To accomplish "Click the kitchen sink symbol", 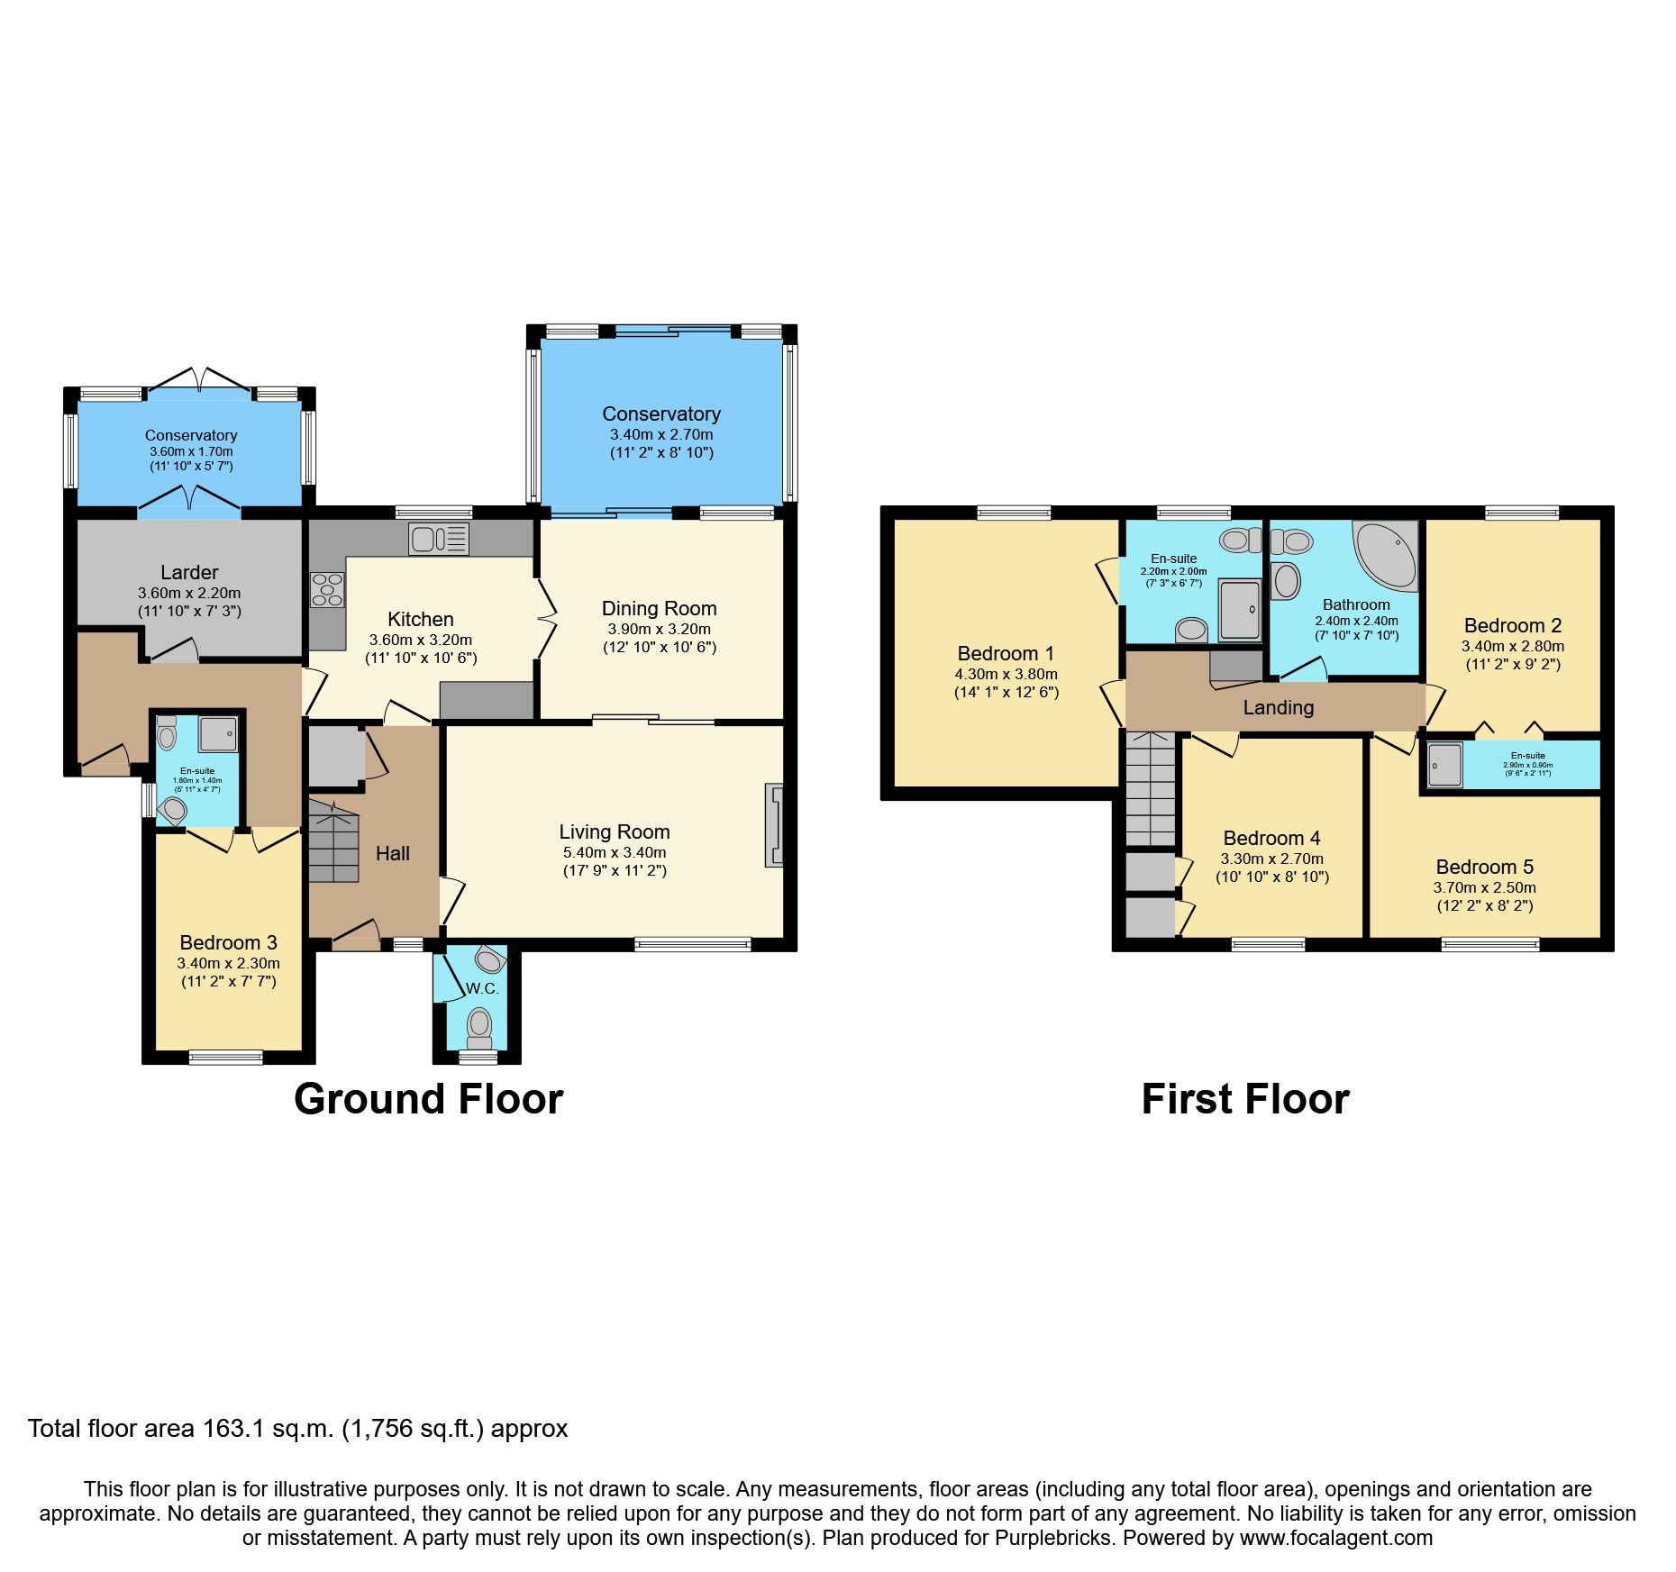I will click(438, 539).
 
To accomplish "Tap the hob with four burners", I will click(327, 590).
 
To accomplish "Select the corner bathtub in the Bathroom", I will click(1387, 554).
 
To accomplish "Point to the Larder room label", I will click(189, 573).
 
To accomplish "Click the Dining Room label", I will click(659, 609).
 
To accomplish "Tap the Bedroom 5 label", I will click(1484, 868).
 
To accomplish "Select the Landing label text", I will click(1278, 708).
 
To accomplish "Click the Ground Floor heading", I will click(428, 1100).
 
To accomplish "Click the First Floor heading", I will click(1244, 1100).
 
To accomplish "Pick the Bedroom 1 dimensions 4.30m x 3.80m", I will click(1006, 674).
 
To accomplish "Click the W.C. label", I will click(482, 988).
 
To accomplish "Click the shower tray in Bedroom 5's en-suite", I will click(1444, 764).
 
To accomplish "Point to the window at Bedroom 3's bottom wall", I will click(226, 1057).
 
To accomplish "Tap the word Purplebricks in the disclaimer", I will click(1052, 1538).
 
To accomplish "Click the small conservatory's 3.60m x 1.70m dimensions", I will click(191, 451).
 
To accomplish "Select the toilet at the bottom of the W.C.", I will click(479, 1024).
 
